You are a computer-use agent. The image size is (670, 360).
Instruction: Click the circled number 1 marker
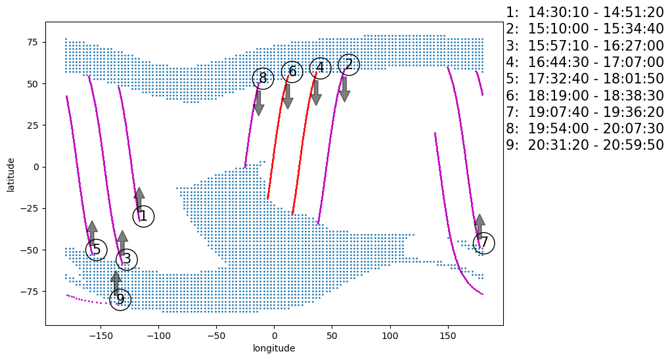143,216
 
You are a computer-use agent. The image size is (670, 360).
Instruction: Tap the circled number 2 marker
349,64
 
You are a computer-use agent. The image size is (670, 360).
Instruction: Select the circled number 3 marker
127,259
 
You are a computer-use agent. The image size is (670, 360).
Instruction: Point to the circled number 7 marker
484,243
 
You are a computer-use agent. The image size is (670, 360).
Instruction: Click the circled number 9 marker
120,300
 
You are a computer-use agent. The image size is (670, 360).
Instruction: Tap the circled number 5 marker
97,250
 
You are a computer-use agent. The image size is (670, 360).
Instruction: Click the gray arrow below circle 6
287,96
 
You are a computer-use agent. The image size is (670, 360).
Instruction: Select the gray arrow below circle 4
316,93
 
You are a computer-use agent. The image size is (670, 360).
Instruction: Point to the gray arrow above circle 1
139,198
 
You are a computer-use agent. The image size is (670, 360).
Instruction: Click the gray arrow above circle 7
480,225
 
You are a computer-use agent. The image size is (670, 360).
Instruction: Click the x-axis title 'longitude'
274,348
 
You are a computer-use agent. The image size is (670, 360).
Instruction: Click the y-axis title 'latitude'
11,174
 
